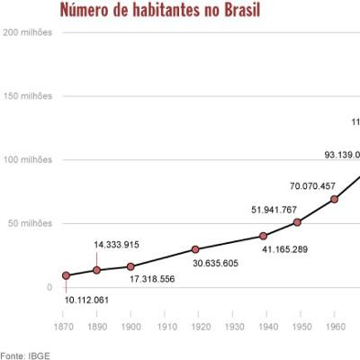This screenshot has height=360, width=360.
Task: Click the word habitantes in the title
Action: tap(171, 11)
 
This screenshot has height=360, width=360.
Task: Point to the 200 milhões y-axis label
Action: tap(28, 32)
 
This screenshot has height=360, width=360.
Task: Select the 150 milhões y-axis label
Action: tap(28, 96)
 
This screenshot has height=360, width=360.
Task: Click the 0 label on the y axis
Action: tap(49, 287)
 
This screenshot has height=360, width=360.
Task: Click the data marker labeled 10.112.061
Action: tap(66, 275)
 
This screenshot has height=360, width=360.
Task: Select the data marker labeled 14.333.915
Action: tap(98, 270)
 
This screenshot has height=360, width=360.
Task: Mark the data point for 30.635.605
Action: tap(196, 249)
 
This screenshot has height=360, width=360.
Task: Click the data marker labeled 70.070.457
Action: tap(335, 199)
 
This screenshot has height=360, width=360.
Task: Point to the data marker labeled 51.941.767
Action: tap(298, 222)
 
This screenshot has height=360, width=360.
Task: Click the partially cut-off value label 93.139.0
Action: tap(342, 155)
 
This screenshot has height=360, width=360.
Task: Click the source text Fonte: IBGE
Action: tap(24, 355)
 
